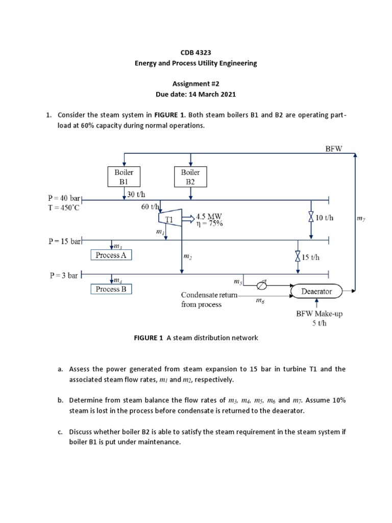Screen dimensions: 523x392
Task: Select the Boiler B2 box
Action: pos(190,177)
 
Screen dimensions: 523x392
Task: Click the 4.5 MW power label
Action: pos(209,216)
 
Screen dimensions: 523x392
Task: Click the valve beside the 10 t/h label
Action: pos(311,218)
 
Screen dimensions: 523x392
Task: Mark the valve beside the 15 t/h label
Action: pos(298,257)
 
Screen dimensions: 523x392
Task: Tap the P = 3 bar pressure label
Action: pos(64,275)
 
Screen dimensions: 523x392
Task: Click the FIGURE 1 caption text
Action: pos(196,338)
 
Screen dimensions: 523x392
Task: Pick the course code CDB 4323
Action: pos(196,53)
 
